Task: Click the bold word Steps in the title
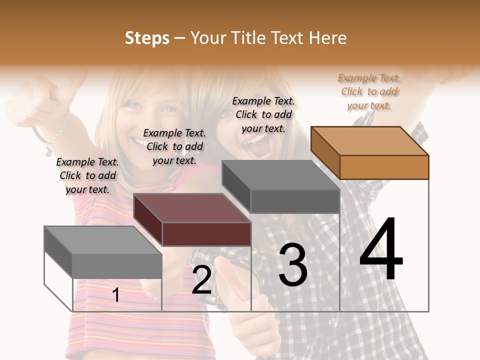pyautogui.click(x=147, y=38)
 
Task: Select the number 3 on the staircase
pyautogui.click(x=292, y=265)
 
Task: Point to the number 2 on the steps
pyautogui.click(x=201, y=280)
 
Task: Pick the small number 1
pyautogui.click(x=116, y=295)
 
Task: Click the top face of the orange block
pyautogui.click(x=369, y=140)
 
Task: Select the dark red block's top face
pyautogui.click(x=192, y=207)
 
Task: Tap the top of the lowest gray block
pyautogui.click(x=103, y=240)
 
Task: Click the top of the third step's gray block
pyautogui.click(x=280, y=175)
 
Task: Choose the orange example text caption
pyautogui.click(x=369, y=91)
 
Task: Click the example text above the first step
pyautogui.click(x=87, y=175)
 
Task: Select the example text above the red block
pyautogui.click(x=174, y=146)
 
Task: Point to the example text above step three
pyautogui.click(x=263, y=114)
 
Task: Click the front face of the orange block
pyautogui.click(x=384, y=167)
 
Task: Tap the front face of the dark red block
pyautogui.click(x=206, y=234)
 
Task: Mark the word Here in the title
pyautogui.click(x=328, y=38)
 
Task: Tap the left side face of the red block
pyautogui.click(x=148, y=220)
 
